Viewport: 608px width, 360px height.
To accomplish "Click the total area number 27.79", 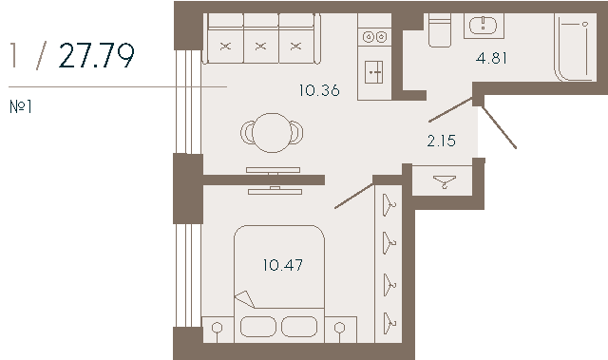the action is (x=97, y=55).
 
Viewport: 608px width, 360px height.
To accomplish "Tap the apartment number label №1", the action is (x=21, y=106).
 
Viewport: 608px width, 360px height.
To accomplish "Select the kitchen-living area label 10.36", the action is (x=319, y=90).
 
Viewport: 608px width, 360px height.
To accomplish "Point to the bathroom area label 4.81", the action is (x=491, y=58).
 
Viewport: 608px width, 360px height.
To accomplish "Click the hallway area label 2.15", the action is (x=441, y=141).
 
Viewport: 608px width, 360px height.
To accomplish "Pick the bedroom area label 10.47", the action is (x=283, y=265).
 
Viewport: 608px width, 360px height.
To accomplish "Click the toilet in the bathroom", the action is (x=440, y=29).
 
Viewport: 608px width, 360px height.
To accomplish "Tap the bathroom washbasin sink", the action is (x=484, y=26).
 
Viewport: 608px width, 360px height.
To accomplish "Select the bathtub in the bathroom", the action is (x=576, y=47).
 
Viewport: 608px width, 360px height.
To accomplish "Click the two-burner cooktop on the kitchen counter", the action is (x=374, y=37).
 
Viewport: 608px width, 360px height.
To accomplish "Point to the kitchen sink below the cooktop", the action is (x=373, y=71).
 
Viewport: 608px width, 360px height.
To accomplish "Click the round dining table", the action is (x=273, y=133).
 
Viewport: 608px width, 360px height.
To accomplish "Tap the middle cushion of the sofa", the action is (x=261, y=46).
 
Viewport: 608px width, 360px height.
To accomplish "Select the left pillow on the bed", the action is (x=258, y=327).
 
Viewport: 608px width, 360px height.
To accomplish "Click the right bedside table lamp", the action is (x=340, y=330).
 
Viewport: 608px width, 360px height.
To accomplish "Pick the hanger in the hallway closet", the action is (x=445, y=181).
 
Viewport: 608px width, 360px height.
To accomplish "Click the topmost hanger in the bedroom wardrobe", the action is (x=389, y=204).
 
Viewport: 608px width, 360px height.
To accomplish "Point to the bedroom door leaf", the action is (x=354, y=196).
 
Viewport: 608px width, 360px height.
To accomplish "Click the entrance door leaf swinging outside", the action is (x=499, y=128).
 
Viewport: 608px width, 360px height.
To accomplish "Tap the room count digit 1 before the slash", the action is (x=14, y=55).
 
